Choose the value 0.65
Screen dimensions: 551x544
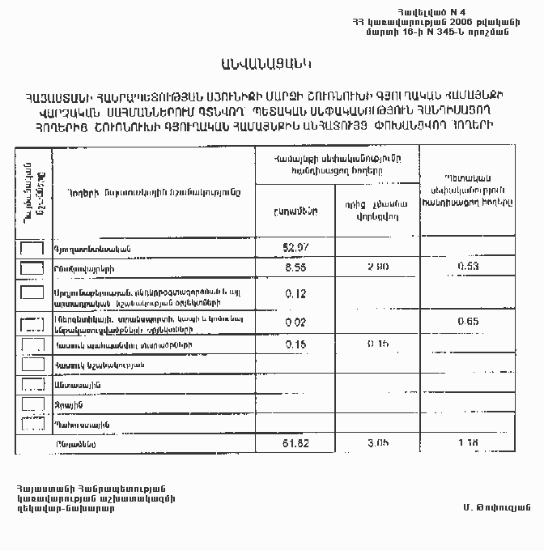[469, 322]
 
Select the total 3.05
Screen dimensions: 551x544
[378, 444]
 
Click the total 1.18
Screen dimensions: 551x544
[469, 444]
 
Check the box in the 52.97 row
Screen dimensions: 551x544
[32, 248]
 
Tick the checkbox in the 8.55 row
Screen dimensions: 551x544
[32, 267]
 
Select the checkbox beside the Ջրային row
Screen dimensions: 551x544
[32, 404]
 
